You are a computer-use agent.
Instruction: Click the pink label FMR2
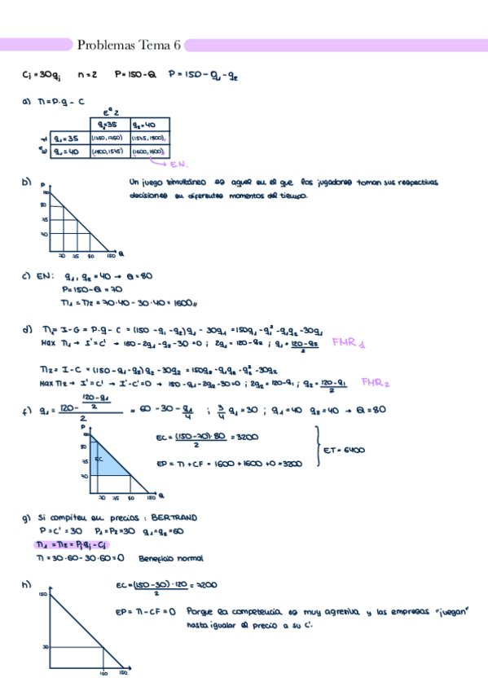coord(376,381)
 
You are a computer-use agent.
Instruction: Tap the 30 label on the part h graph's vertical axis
coord(43,647)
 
